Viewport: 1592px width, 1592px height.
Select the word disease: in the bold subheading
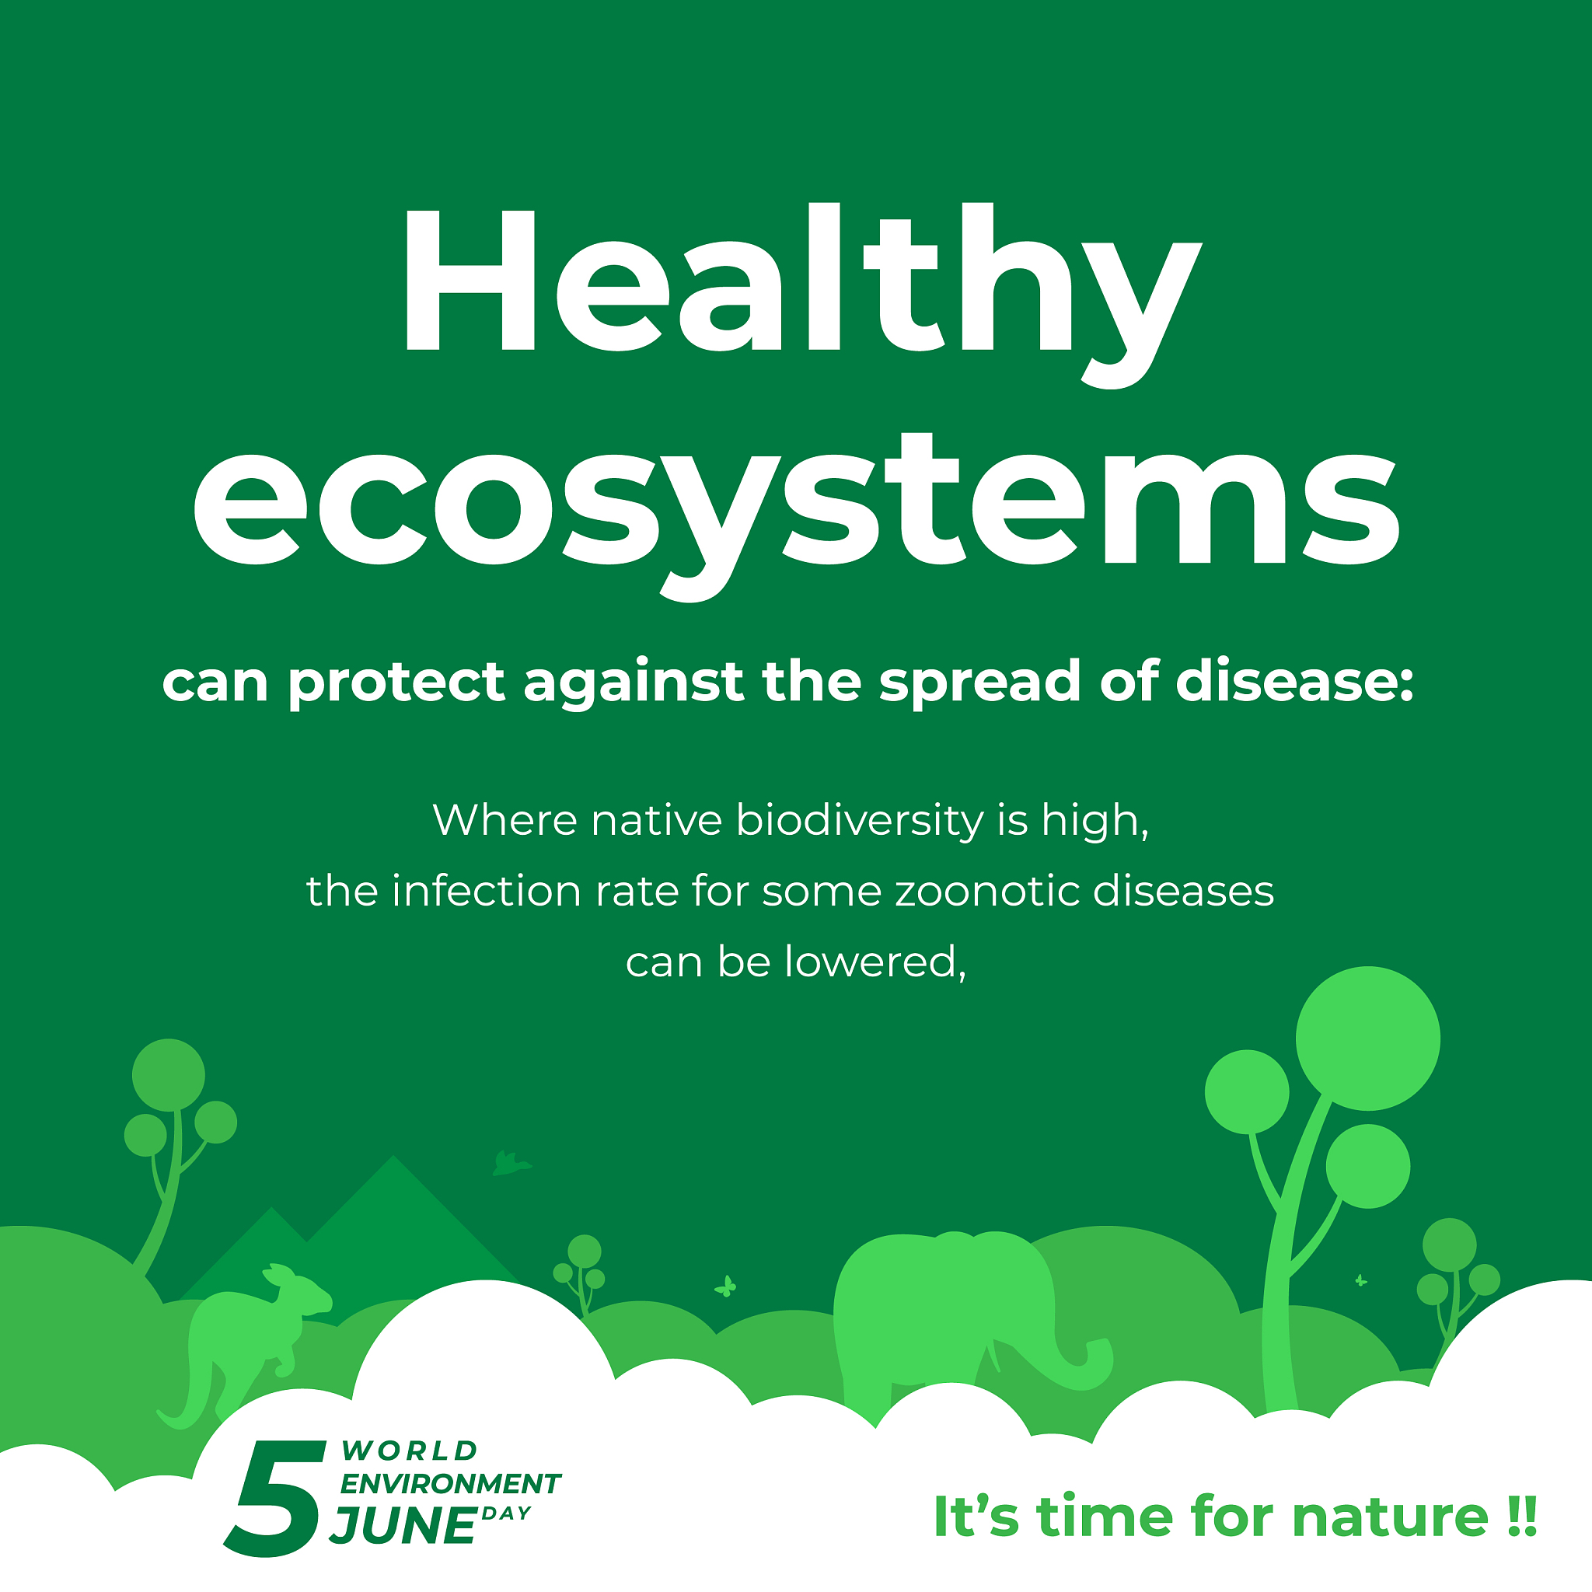tap(1293, 682)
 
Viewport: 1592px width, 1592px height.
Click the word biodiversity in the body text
tap(860, 821)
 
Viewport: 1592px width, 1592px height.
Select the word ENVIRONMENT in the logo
tap(450, 1483)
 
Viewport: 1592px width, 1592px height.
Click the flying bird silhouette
tap(511, 1164)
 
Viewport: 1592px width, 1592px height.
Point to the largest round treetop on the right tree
tap(1367, 1039)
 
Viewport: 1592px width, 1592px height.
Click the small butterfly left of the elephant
tap(725, 1286)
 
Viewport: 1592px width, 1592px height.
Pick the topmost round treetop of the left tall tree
tap(168, 1074)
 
